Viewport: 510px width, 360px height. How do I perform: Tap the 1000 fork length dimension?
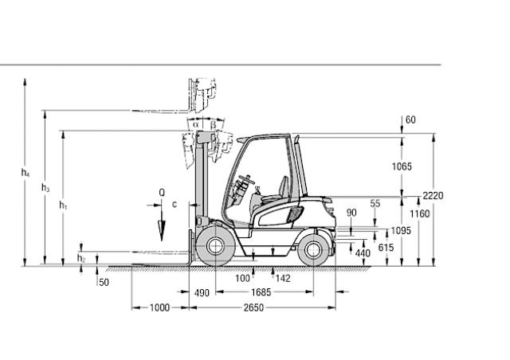[x=159, y=307]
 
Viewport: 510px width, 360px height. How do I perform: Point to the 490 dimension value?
[x=202, y=292]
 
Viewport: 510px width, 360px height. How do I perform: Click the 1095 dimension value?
[x=401, y=230]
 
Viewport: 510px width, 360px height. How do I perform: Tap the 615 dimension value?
[x=386, y=248]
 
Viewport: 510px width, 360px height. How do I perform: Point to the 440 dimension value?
[x=363, y=253]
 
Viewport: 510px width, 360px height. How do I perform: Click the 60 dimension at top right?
[x=410, y=120]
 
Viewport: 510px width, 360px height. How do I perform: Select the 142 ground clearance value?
[x=283, y=278]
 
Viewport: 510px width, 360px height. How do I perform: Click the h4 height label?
[x=25, y=173]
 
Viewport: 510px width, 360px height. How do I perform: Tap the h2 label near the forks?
[x=81, y=258]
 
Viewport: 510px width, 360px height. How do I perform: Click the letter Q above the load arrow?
[x=162, y=192]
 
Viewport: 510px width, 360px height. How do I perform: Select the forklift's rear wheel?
[x=312, y=250]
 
